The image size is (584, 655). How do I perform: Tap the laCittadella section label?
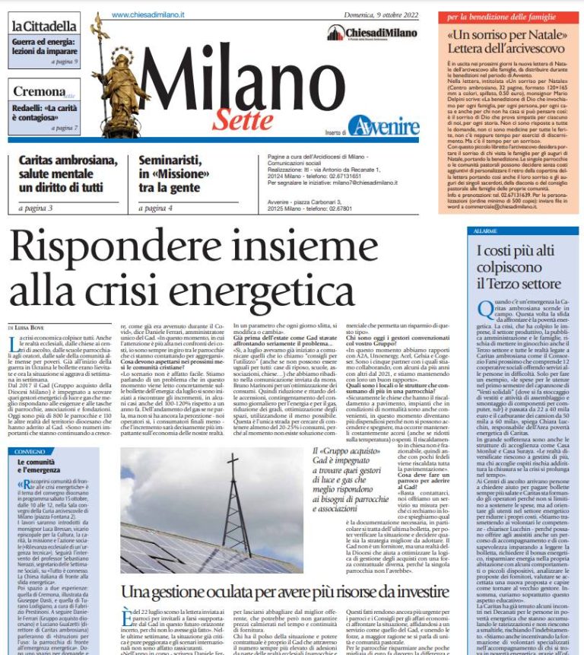coord(44,25)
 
